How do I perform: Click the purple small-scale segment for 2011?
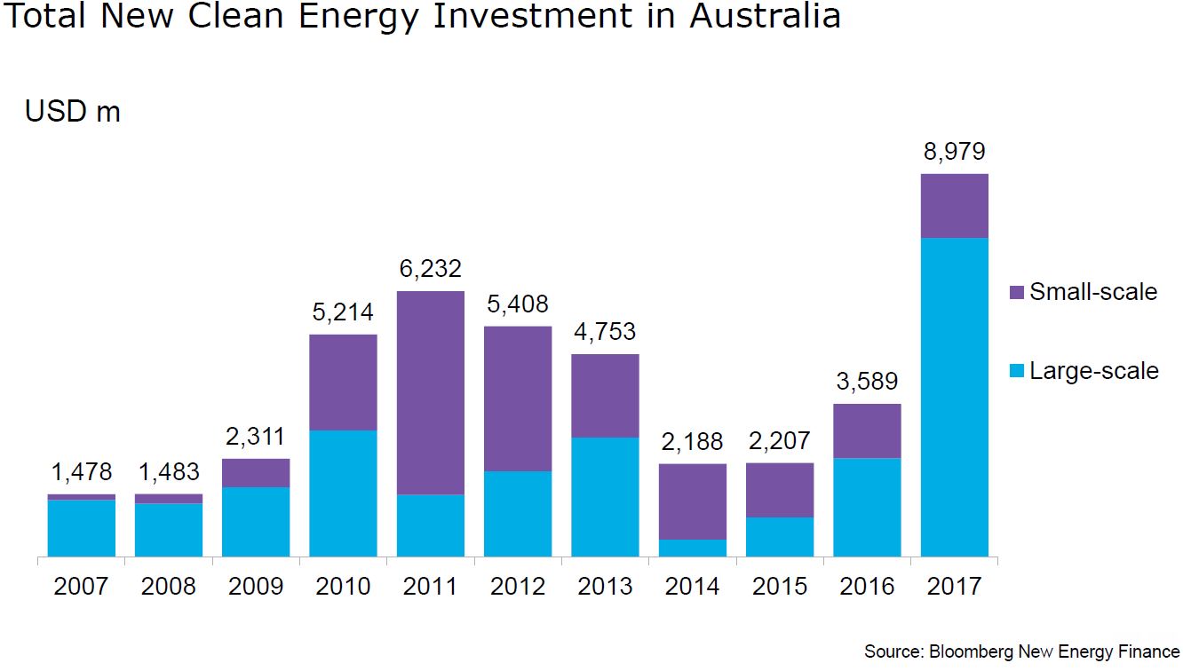click(431, 392)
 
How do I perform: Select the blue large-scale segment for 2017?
click(954, 397)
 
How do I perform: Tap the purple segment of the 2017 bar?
click(954, 206)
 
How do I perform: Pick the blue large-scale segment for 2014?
click(693, 548)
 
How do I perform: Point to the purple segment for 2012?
click(518, 399)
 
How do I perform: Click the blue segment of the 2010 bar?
click(343, 493)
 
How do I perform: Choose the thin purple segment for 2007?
click(82, 497)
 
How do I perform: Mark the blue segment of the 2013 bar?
click(605, 497)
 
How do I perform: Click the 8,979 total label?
click(954, 152)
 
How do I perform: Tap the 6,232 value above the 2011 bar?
click(431, 268)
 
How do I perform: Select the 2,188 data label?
click(693, 441)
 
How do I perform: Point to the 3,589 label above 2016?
click(867, 382)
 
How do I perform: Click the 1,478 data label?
click(82, 472)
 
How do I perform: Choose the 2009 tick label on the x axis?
click(256, 587)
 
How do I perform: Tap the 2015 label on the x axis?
click(780, 587)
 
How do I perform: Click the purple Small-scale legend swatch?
click(1017, 293)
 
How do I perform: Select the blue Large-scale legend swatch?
click(1017, 371)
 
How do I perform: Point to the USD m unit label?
click(73, 113)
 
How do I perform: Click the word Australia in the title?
click(765, 18)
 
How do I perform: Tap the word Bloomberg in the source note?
click(972, 652)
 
